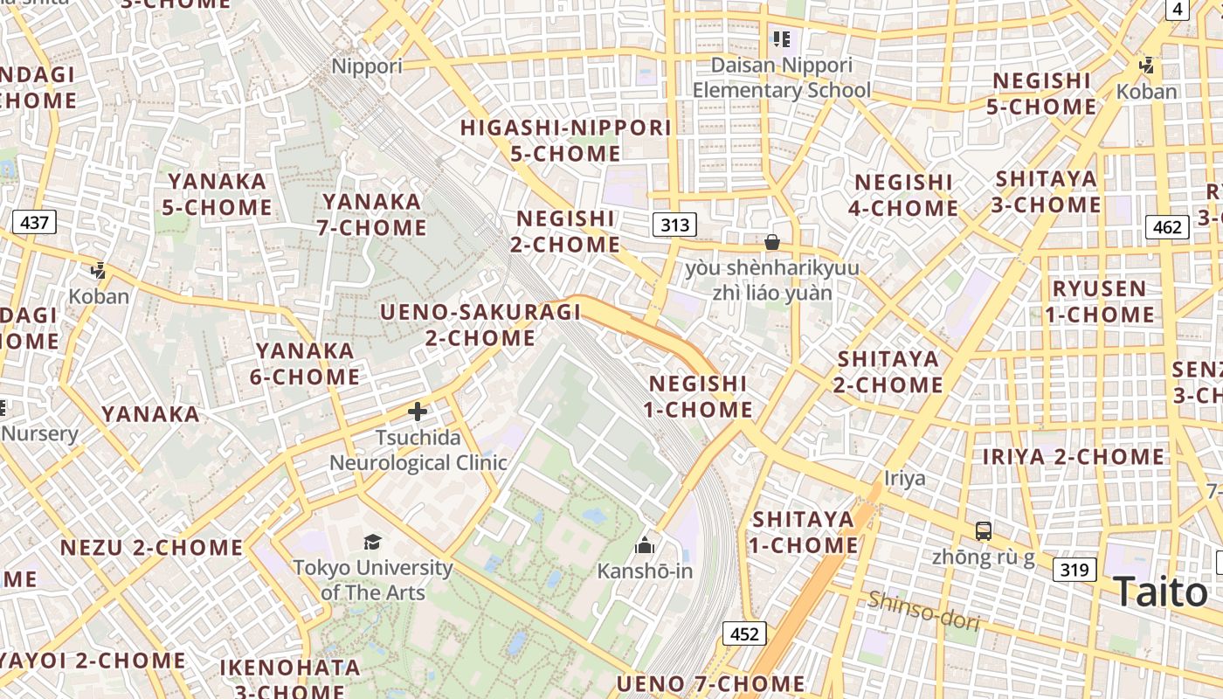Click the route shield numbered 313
674,225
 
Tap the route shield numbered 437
34,222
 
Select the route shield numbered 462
1167,228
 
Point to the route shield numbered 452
743,633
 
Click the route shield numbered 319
1074,571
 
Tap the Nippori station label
367,66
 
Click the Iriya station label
904,478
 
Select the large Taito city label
1160,592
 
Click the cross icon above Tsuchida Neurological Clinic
418,411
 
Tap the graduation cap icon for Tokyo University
373,542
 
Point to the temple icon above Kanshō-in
645,546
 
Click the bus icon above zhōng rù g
984,530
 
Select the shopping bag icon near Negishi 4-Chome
772,242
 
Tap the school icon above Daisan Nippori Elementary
781,39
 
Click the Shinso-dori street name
923,611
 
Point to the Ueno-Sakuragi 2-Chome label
480,325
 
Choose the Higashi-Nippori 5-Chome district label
566,141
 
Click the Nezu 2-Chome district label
152,548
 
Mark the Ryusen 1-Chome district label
1099,301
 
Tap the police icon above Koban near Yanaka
99,271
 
